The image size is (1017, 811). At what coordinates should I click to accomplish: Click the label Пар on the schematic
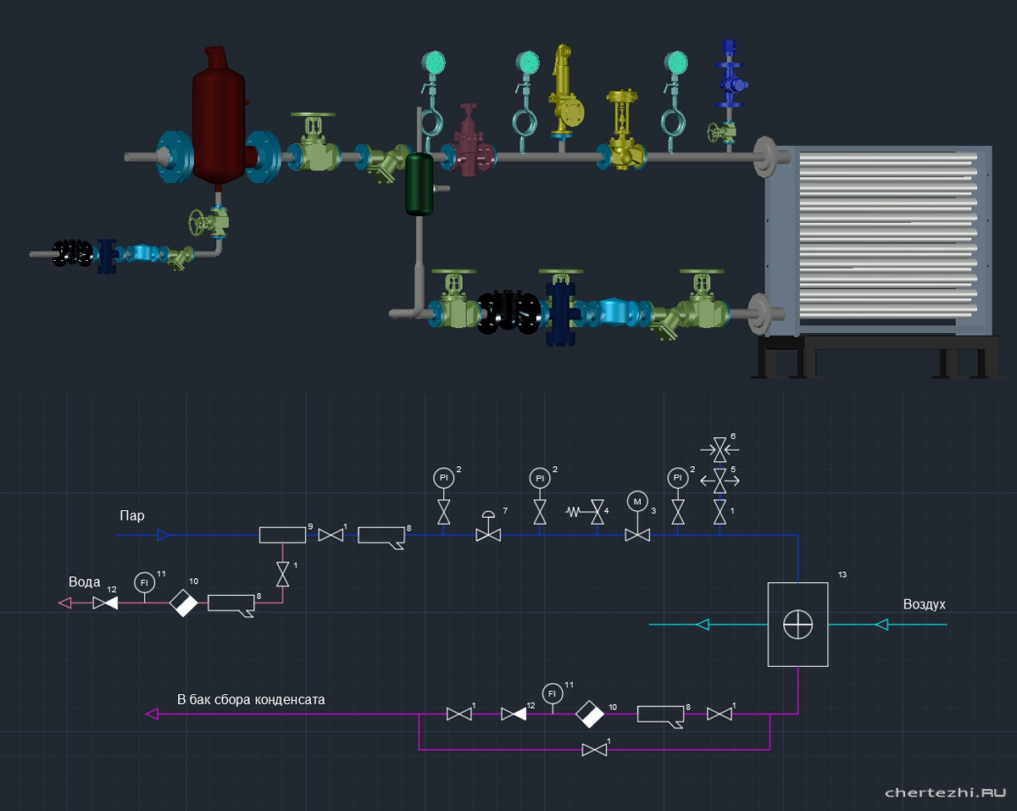(131, 516)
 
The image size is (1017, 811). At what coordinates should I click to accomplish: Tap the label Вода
(85, 582)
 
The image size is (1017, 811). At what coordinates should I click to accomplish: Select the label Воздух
(924, 604)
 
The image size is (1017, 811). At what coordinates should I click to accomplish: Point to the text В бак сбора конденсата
(250, 700)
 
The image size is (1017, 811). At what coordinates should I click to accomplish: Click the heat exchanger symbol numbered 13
(797, 625)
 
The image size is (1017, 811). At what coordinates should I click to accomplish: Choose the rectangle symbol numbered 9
(282, 535)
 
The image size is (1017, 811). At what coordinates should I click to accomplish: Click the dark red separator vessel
(219, 119)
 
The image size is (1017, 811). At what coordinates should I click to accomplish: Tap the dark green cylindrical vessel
(419, 183)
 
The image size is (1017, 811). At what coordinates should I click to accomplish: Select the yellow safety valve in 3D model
(564, 93)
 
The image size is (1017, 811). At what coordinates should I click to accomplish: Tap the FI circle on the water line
(144, 582)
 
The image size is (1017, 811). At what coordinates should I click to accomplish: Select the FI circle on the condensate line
(553, 692)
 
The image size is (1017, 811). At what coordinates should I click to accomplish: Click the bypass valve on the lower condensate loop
(594, 750)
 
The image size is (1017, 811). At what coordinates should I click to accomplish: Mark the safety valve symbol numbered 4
(597, 512)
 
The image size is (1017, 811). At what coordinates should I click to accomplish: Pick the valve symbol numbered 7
(488, 535)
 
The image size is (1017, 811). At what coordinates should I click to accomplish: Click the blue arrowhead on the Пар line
(164, 535)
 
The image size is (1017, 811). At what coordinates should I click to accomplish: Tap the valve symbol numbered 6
(720, 447)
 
